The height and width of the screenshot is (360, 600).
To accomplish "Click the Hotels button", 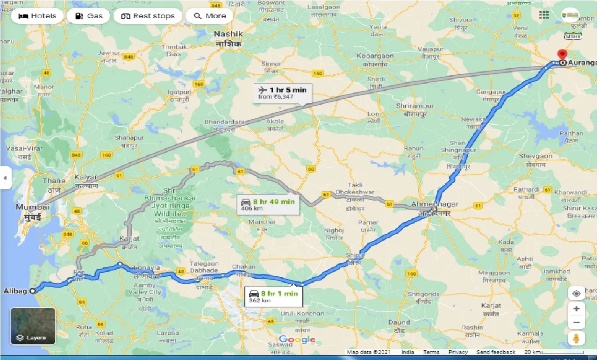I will (37, 16).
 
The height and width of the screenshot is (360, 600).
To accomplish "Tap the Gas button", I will (88, 16).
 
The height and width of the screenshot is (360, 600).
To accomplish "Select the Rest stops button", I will (148, 16).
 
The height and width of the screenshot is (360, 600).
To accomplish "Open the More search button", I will (209, 16).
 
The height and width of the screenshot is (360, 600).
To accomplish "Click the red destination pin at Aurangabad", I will (563, 55).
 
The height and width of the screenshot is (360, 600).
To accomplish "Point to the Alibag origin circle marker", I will (33, 291).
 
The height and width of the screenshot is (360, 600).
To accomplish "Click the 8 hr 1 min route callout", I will (274, 296).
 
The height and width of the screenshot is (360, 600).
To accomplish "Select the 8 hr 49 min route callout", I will (268, 204).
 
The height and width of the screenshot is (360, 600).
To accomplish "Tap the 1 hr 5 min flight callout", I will (282, 93).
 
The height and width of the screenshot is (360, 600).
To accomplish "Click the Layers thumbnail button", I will (33, 326).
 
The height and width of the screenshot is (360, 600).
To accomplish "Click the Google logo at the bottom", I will (297, 339).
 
